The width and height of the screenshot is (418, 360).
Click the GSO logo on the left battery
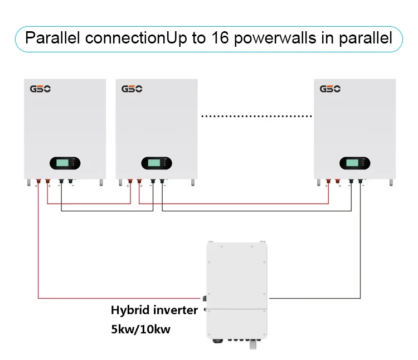tap(40, 89)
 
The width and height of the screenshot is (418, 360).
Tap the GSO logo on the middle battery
tap(132, 89)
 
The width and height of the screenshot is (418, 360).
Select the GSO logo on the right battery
tap(330, 89)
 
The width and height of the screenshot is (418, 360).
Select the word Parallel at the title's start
tap(51, 38)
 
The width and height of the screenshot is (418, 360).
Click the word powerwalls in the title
tap(287, 38)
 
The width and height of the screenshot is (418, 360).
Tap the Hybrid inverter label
tap(154, 310)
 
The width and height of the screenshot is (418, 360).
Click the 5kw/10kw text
tap(140, 329)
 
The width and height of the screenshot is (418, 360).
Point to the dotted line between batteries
tap(256, 116)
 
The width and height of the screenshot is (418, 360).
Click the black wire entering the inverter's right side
tap(312, 298)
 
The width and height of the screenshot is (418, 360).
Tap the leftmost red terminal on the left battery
tap(38, 181)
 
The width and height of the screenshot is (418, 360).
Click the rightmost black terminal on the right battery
tap(361, 181)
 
